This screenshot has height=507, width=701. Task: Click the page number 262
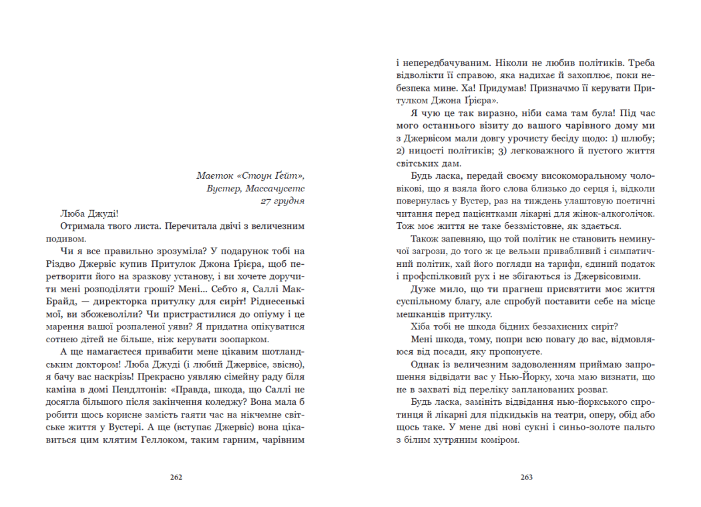tap(176, 477)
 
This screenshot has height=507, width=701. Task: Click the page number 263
tap(526, 477)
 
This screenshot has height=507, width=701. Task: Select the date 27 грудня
tap(282, 200)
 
